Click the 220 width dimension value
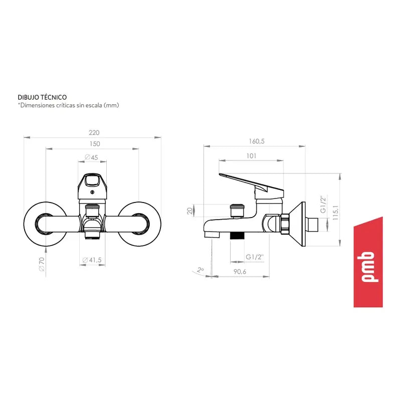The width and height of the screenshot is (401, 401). [94, 132]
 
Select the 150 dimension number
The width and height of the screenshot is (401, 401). [95, 144]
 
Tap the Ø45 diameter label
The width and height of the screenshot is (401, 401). [91, 157]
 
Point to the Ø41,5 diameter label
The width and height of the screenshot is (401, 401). [92, 260]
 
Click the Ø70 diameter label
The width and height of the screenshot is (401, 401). [42, 264]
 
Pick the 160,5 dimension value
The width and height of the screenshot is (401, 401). [257, 141]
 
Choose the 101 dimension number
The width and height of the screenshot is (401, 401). [252, 156]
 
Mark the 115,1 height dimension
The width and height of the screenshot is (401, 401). [335, 213]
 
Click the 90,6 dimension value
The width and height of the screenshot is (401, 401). [240, 272]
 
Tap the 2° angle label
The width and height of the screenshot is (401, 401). [200, 270]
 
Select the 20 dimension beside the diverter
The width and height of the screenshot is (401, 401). [189, 211]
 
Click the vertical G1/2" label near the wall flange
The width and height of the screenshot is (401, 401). [323, 204]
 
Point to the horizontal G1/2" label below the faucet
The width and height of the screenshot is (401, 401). [255, 257]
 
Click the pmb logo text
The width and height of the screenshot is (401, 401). [368, 267]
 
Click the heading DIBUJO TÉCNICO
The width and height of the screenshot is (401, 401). [42, 97]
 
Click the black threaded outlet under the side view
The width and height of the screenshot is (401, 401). [237, 236]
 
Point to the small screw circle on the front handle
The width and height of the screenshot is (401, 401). [92, 192]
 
